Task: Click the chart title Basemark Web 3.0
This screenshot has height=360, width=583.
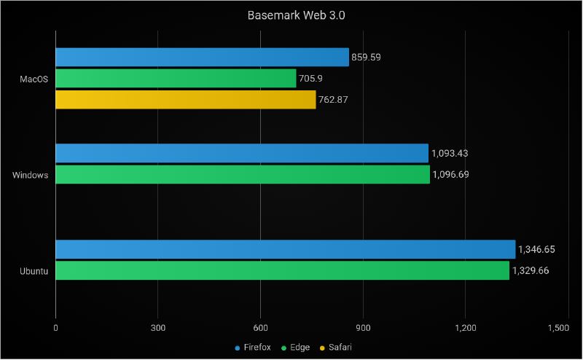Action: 291,15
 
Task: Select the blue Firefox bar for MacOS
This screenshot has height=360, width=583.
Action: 202,57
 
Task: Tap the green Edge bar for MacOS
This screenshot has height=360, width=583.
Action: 176,78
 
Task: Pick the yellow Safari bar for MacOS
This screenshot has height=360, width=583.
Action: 185,100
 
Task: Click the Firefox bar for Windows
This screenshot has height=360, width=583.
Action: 242,153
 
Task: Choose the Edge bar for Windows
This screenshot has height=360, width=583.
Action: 243,174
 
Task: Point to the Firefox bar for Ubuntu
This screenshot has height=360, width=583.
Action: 285,249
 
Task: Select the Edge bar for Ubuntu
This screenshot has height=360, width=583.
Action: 282,270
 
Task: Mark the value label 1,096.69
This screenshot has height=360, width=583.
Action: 451,175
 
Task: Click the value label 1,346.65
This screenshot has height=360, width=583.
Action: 536,249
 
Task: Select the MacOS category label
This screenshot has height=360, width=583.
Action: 34,79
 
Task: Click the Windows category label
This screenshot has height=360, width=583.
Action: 31,175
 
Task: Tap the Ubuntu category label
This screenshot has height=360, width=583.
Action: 34,271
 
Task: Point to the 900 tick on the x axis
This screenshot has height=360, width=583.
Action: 363,328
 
